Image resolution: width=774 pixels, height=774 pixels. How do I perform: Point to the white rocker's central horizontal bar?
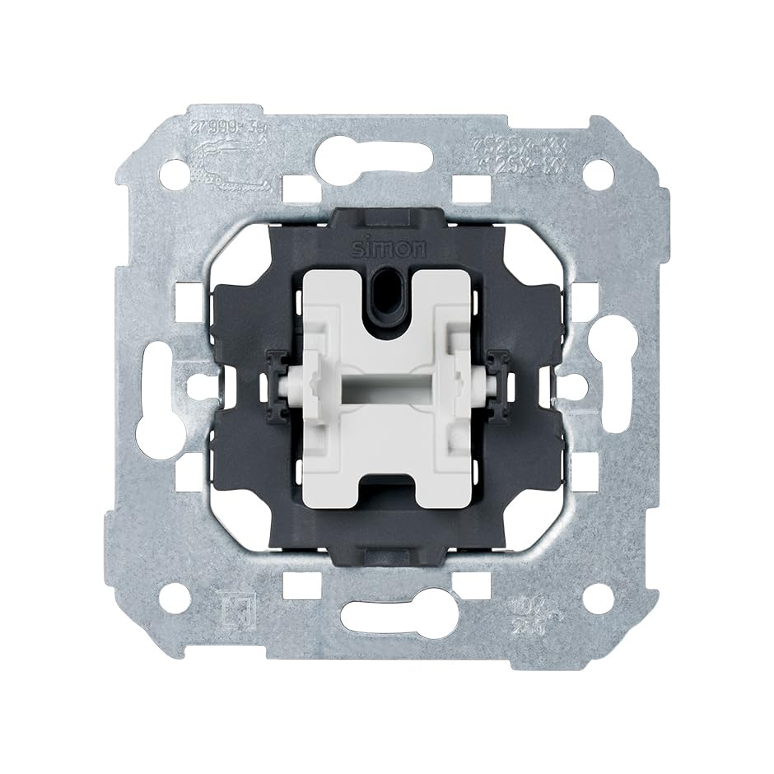click(387, 385)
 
